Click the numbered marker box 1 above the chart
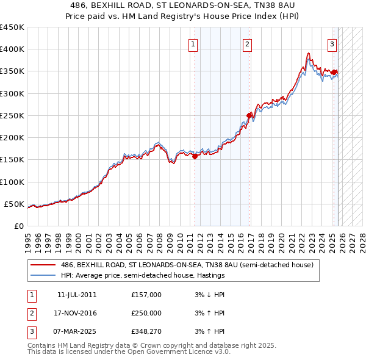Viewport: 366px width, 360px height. [193, 43]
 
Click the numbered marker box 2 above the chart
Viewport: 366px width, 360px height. [247, 43]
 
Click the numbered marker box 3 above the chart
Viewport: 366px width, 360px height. [332, 43]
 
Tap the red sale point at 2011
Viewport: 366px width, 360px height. [195, 156]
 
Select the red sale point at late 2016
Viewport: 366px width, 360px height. [249, 115]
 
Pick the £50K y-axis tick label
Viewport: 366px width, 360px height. [14, 204]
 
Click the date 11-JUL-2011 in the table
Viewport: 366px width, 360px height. [77, 295]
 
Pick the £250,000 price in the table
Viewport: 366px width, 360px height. [146, 313]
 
